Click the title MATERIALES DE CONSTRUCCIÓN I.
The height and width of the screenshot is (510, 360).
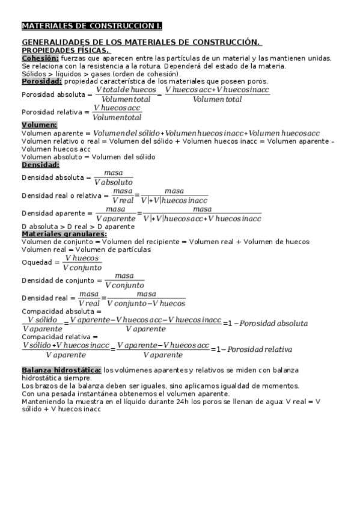pos(91,26)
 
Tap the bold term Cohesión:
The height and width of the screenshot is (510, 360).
pos(40,58)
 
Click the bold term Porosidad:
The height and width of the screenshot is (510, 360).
pos(41,81)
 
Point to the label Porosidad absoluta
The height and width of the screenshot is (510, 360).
pos(53,94)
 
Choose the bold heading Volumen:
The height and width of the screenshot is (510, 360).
pos(39,125)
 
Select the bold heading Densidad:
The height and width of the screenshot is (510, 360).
pos(40,164)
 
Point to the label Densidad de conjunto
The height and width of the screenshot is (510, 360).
pos(58,280)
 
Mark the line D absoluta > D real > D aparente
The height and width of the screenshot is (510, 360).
pos(78,227)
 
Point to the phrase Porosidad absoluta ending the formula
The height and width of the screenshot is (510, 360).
pos(265,324)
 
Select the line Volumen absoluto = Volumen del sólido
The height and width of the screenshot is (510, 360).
pos(88,157)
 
